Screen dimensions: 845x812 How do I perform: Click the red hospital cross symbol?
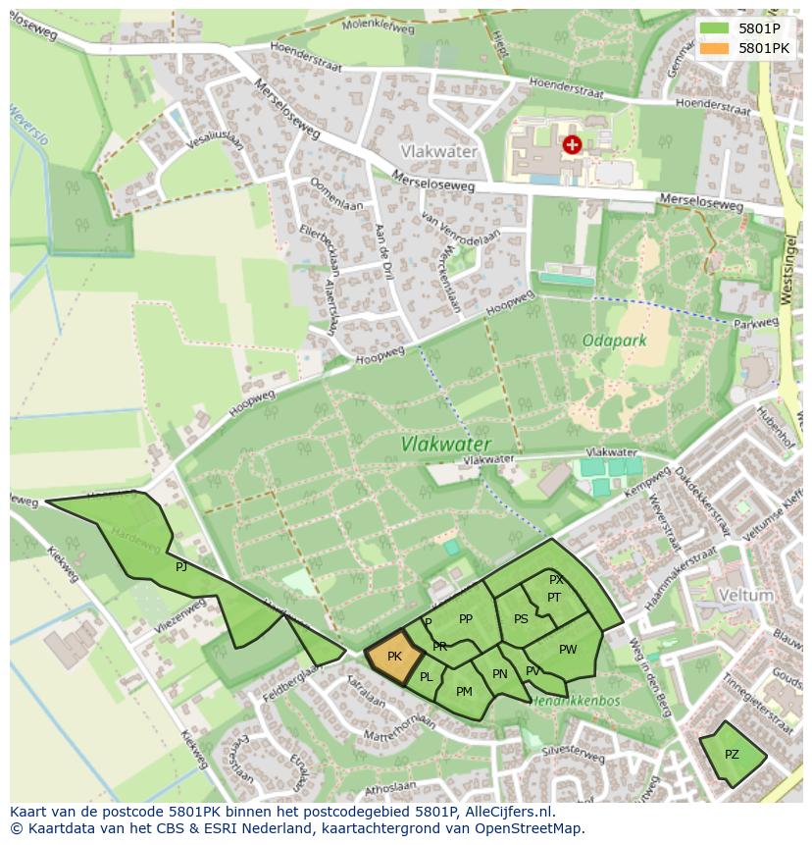[x=572, y=145]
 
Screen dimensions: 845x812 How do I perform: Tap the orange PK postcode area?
[x=394, y=657]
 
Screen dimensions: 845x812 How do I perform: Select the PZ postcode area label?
[x=732, y=755]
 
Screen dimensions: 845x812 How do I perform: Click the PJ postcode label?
[x=180, y=567]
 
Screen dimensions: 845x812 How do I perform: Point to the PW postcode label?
[x=568, y=649]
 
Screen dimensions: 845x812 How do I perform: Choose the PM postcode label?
[x=464, y=691]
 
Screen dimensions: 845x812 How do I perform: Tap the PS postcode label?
[x=521, y=618]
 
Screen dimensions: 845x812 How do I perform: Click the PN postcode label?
[x=500, y=673]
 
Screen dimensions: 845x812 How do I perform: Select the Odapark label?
[x=615, y=341]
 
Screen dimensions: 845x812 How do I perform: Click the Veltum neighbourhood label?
[x=745, y=596]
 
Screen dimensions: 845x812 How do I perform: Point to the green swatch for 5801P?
[x=715, y=27]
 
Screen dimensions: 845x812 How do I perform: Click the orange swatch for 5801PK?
[x=715, y=47]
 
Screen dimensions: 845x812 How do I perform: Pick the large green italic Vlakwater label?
[x=445, y=444]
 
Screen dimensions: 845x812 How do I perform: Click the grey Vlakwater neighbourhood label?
[x=439, y=152]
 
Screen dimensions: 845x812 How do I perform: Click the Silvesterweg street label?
[x=573, y=757]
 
